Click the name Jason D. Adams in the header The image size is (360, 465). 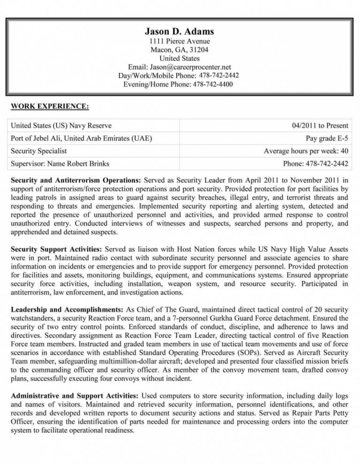180,32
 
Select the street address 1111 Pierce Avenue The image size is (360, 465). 180,41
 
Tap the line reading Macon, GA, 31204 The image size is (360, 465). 180,50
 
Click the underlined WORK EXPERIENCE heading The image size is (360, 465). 49,106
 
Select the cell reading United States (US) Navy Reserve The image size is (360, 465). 61,125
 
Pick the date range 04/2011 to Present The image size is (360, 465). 320,125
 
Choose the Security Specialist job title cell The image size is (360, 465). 39,151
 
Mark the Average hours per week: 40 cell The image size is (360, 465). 306,151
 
